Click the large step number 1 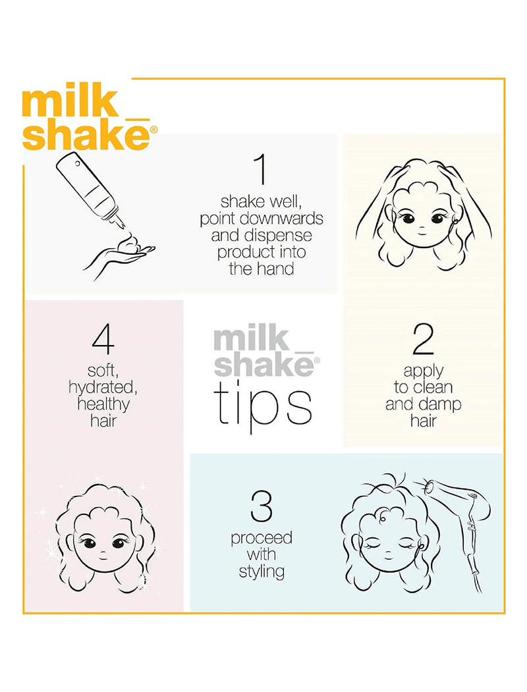click(262, 169)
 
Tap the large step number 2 click(424, 339)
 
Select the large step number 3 click(262, 506)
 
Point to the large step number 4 click(103, 339)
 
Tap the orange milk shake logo click(88, 119)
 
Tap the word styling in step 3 click(262, 572)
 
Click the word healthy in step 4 click(103, 404)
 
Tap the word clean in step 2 click(433, 388)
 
